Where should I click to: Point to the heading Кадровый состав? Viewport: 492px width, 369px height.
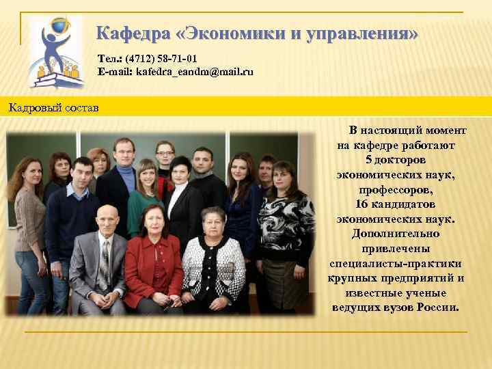[x=53, y=107]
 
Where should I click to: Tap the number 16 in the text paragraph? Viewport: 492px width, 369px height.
[x=362, y=204]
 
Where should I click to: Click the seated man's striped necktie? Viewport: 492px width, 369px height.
[x=105, y=263]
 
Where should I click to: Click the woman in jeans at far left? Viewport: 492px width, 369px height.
[x=29, y=225]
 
